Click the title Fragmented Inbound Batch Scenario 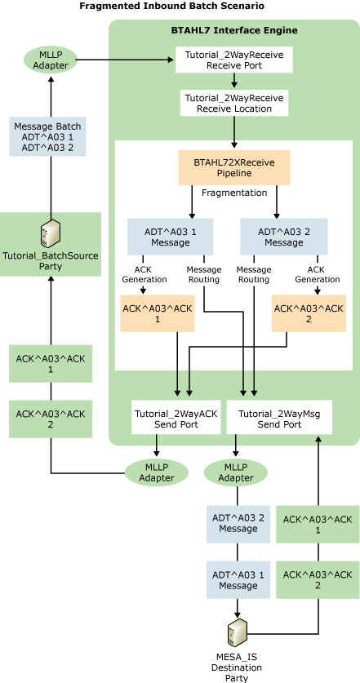click(171, 7)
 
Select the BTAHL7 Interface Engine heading click(234, 30)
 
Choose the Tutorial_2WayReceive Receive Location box click(234, 103)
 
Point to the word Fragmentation click(234, 193)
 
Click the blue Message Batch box click(51, 138)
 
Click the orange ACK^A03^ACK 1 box click(158, 313)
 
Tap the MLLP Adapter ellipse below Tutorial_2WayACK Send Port click(157, 472)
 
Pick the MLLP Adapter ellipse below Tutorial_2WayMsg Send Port click(237, 472)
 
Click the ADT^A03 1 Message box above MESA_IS click(238, 579)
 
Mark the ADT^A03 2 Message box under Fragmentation click(278, 237)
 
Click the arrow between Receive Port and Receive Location click(234, 81)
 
